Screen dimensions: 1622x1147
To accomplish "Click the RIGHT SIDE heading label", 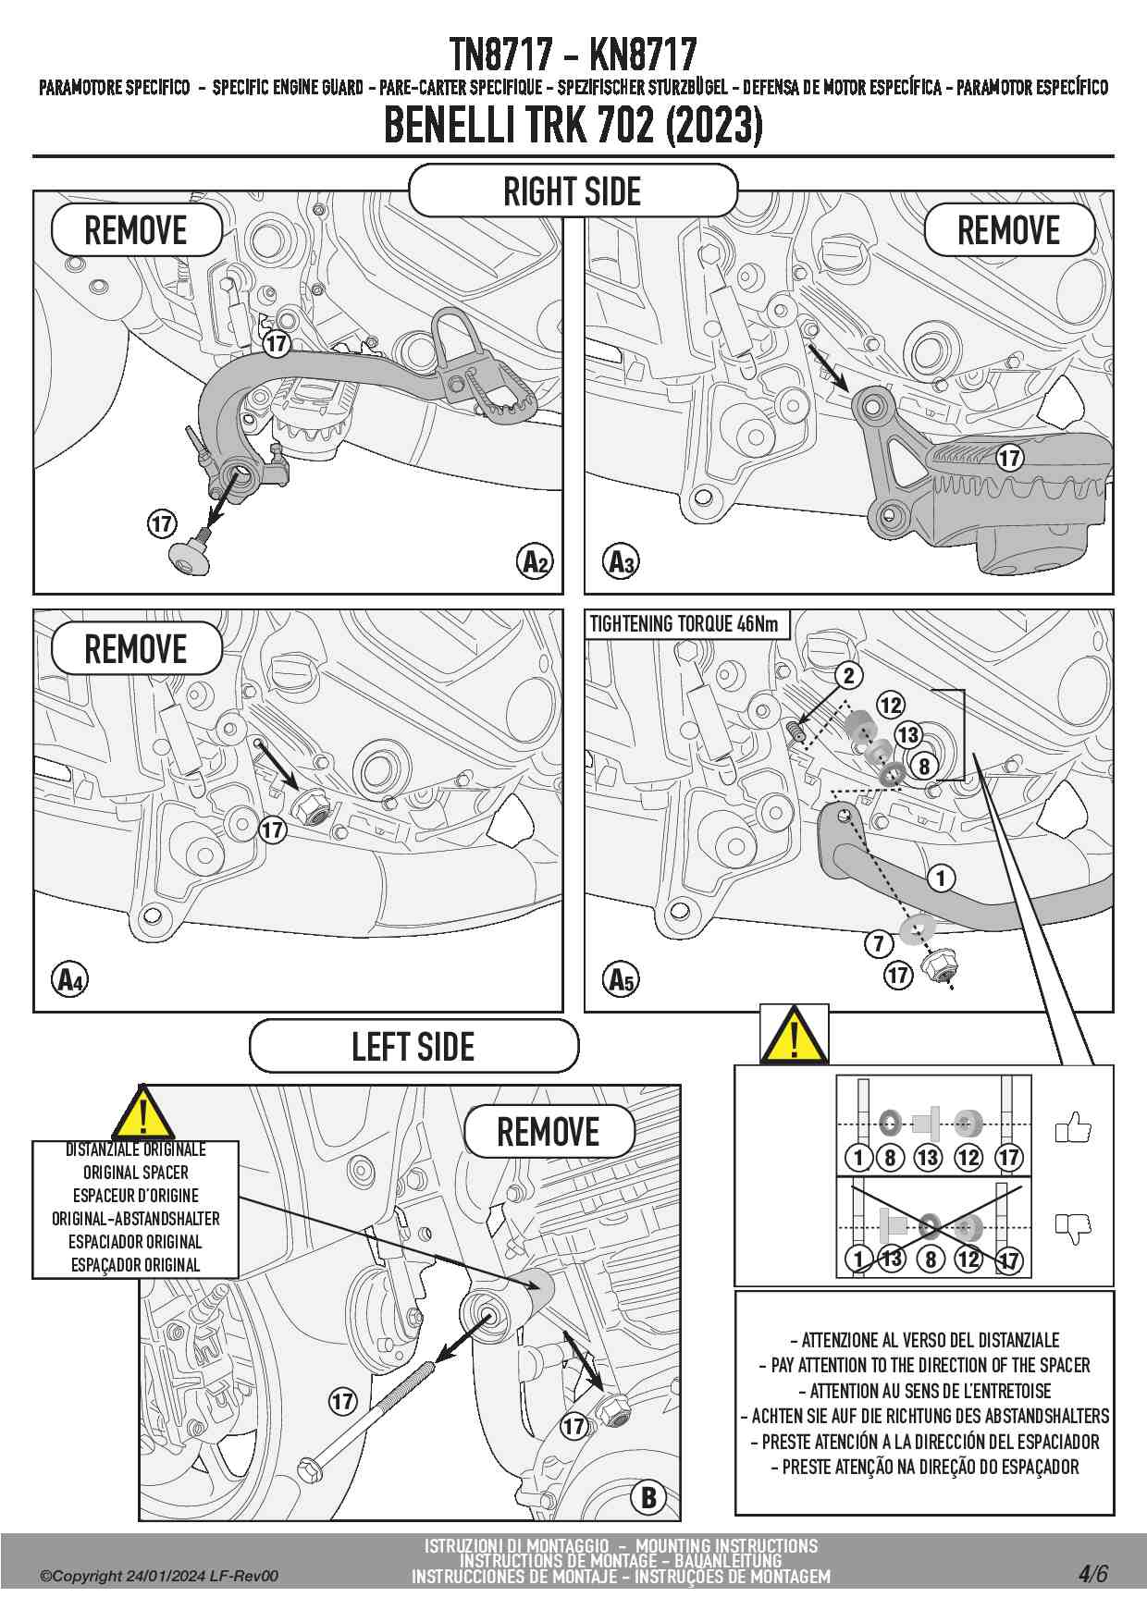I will tap(573, 191).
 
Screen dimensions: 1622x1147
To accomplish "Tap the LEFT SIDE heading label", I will tap(413, 1047).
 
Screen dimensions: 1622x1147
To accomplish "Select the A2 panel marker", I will tap(536, 561).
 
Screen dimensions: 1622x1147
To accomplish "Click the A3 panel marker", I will tap(621, 561).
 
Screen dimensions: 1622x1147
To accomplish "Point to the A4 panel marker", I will tap(70, 979).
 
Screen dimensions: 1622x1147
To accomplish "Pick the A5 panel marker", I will tap(621, 979).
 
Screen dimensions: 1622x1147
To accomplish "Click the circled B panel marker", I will tap(648, 1497).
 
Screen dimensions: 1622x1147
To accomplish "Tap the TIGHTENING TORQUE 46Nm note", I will tap(684, 624).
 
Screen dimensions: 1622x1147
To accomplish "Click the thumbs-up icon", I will tap(1073, 1128).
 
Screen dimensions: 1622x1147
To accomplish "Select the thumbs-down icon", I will tap(1073, 1227).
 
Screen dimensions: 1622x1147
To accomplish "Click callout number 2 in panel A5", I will tap(849, 676).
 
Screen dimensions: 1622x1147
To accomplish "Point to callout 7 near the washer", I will tap(879, 943).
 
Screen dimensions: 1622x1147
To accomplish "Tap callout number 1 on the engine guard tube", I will tap(941, 878).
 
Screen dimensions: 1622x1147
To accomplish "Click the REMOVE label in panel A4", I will tap(136, 649).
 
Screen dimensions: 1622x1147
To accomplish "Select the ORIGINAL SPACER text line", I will tap(136, 1173).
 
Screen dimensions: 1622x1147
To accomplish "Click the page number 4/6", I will tap(1092, 1574).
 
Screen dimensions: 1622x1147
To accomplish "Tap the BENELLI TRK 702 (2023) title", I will tap(573, 126).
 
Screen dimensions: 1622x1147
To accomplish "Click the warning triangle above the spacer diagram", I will tap(794, 1036).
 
